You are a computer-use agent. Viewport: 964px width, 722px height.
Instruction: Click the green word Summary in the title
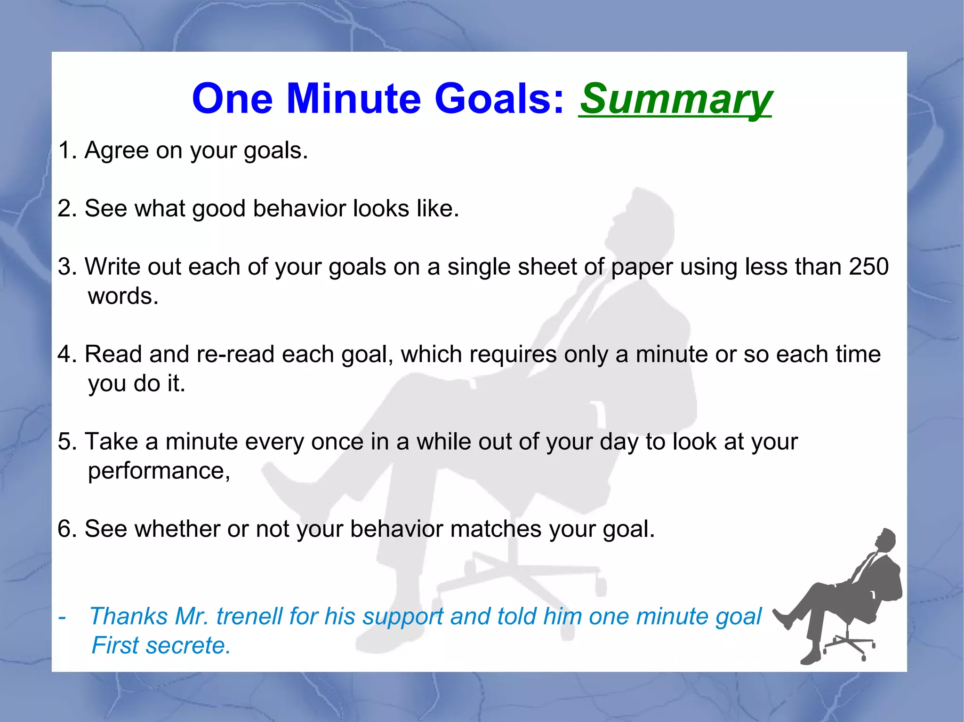(675, 99)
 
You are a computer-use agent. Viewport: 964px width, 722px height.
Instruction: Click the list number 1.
(64, 151)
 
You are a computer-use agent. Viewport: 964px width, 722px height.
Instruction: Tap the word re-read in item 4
(235, 354)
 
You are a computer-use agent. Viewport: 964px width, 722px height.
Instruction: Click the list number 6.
(65, 529)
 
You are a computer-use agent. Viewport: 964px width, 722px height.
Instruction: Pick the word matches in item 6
(496, 529)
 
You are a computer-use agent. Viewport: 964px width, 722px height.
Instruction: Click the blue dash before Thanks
(62, 616)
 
